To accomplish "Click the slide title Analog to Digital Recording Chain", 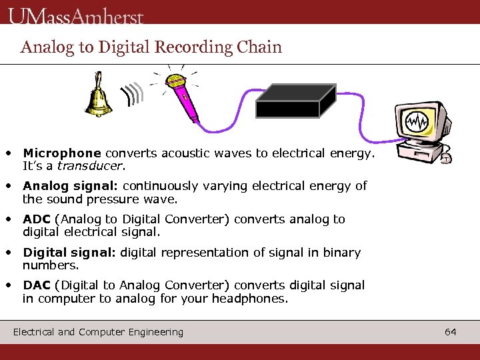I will point(151,47).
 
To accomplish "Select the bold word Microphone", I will point(62,153).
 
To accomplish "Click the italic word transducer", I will point(90,165).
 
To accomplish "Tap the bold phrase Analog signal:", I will point(71,186).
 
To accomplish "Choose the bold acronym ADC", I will point(37,219).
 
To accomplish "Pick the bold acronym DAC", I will point(37,285).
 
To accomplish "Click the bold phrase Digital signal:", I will point(70,253).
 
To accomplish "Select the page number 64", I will point(451,331).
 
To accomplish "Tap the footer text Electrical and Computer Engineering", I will point(98,331).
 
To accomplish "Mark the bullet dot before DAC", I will point(9,284).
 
